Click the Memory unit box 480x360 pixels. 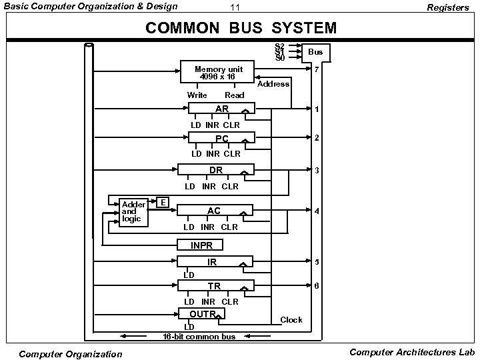[x=218, y=72]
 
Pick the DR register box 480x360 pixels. [x=215, y=171]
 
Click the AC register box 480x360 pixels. [x=214, y=211]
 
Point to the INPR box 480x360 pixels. [x=201, y=245]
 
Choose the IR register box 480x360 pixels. [x=214, y=263]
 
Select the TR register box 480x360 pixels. [x=215, y=287]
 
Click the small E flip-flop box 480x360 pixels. [x=163, y=202]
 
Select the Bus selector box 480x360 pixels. [x=315, y=52]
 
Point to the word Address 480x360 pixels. [x=273, y=84]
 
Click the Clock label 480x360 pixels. [x=291, y=320]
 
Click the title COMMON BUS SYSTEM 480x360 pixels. [x=241, y=29]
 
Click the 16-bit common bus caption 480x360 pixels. [x=199, y=337]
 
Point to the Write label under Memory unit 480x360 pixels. [x=197, y=95]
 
